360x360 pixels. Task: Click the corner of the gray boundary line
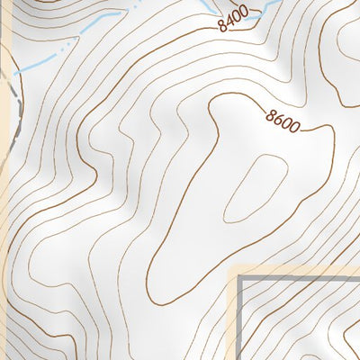241,280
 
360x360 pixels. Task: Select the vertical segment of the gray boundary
241,324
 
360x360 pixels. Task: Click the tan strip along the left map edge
4,225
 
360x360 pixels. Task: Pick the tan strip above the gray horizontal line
297,272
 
